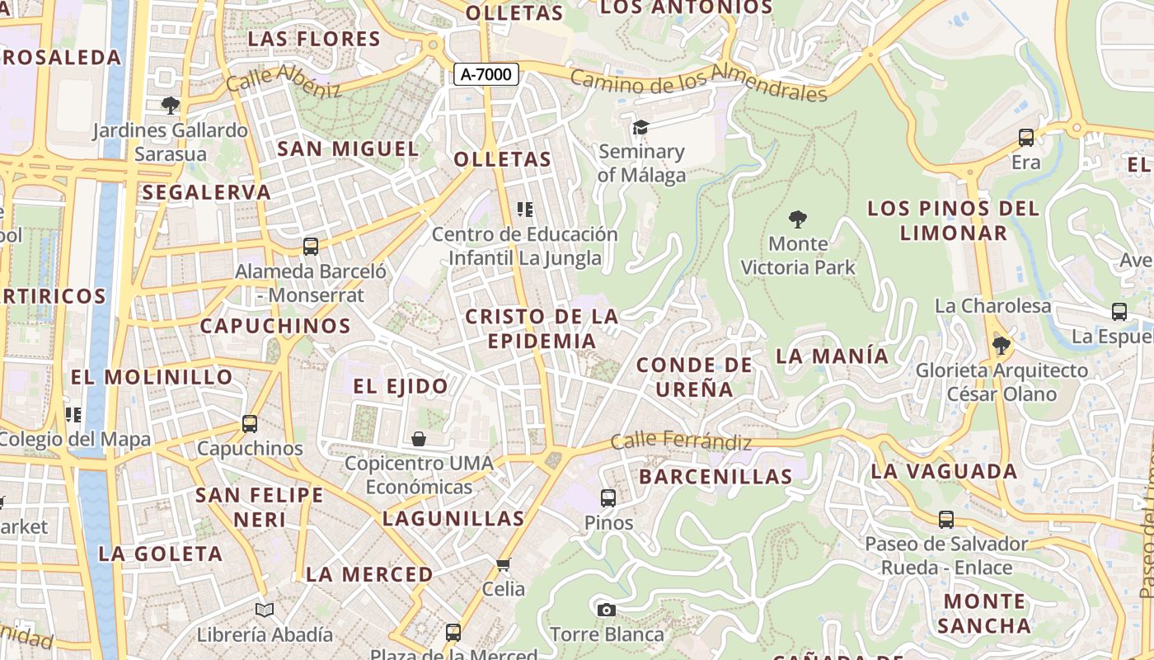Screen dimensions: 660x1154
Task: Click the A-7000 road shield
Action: [x=486, y=74]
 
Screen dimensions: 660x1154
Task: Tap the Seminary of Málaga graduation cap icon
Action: [x=640, y=127]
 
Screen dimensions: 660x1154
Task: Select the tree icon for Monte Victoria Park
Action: [x=797, y=219]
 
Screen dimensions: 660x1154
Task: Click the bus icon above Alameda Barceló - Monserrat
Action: [x=311, y=246]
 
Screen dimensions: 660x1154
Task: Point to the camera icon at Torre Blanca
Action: [x=607, y=610]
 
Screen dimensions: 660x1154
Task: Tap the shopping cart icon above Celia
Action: [x=504, y=564]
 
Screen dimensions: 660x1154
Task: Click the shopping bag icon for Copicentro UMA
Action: [x=419, y=438]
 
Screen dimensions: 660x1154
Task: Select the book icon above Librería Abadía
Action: [x=265, y=610]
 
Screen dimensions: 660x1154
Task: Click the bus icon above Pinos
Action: [x=608, y=497]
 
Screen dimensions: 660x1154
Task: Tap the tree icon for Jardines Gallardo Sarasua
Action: [x=171, y=105]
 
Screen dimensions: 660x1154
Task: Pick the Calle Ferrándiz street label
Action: [x=681, y=441]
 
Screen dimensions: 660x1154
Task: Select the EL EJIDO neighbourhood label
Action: [x=401, y=386]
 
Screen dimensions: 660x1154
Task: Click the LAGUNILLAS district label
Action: [x=453, y=519]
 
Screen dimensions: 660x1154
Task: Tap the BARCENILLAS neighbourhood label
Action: [x=715, y=476]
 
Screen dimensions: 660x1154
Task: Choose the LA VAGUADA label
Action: [x=945, y=472]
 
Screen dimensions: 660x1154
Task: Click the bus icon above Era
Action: [x=1026, y=138]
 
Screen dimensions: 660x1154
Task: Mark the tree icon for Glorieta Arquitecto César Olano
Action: [x=1002, y=345]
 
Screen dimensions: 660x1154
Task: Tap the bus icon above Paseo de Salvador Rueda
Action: [x=946, y=520]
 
